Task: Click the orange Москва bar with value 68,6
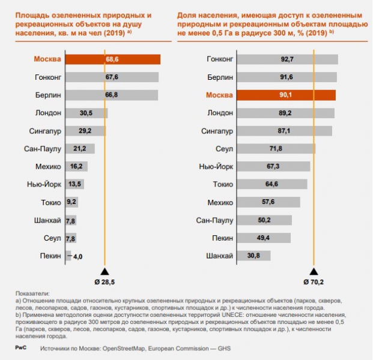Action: [x=112, y=59]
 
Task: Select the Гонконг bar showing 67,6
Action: [x=112, y=77]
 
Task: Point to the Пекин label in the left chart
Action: [x=50, y=256]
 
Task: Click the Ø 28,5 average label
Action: [x=105, y=281]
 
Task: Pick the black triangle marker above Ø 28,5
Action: [x=105, y=271]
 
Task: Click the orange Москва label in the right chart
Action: [x=219, y=95]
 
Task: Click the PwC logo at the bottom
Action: [x=19, y=347]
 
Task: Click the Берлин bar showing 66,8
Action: [x=111, y=95]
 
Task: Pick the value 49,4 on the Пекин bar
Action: [x=265, y=238]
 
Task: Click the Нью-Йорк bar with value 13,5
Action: [x=74, y=185]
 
